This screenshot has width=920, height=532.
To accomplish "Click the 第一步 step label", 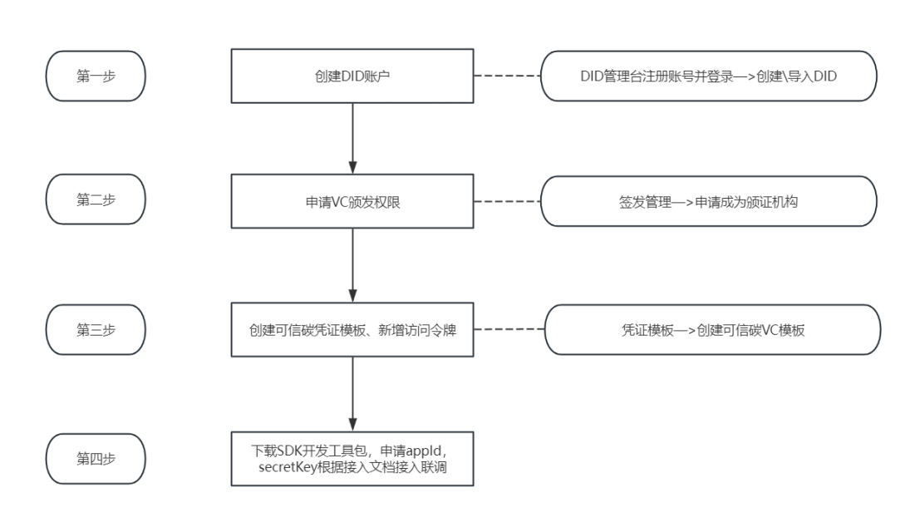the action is point(96,76).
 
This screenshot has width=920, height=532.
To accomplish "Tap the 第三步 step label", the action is point(96,330).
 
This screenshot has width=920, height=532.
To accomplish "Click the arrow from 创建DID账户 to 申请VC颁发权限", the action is point(352,139).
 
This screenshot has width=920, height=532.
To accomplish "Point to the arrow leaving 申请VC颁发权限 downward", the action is point(352,265).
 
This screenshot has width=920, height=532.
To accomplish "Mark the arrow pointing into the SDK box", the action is point(352,394).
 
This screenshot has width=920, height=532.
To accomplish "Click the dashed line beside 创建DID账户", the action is point(507,76).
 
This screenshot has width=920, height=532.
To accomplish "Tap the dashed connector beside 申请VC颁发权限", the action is point(507,201).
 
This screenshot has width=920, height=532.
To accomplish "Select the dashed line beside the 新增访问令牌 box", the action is point(509,329).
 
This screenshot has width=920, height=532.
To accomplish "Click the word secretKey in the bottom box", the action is point(287,467).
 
